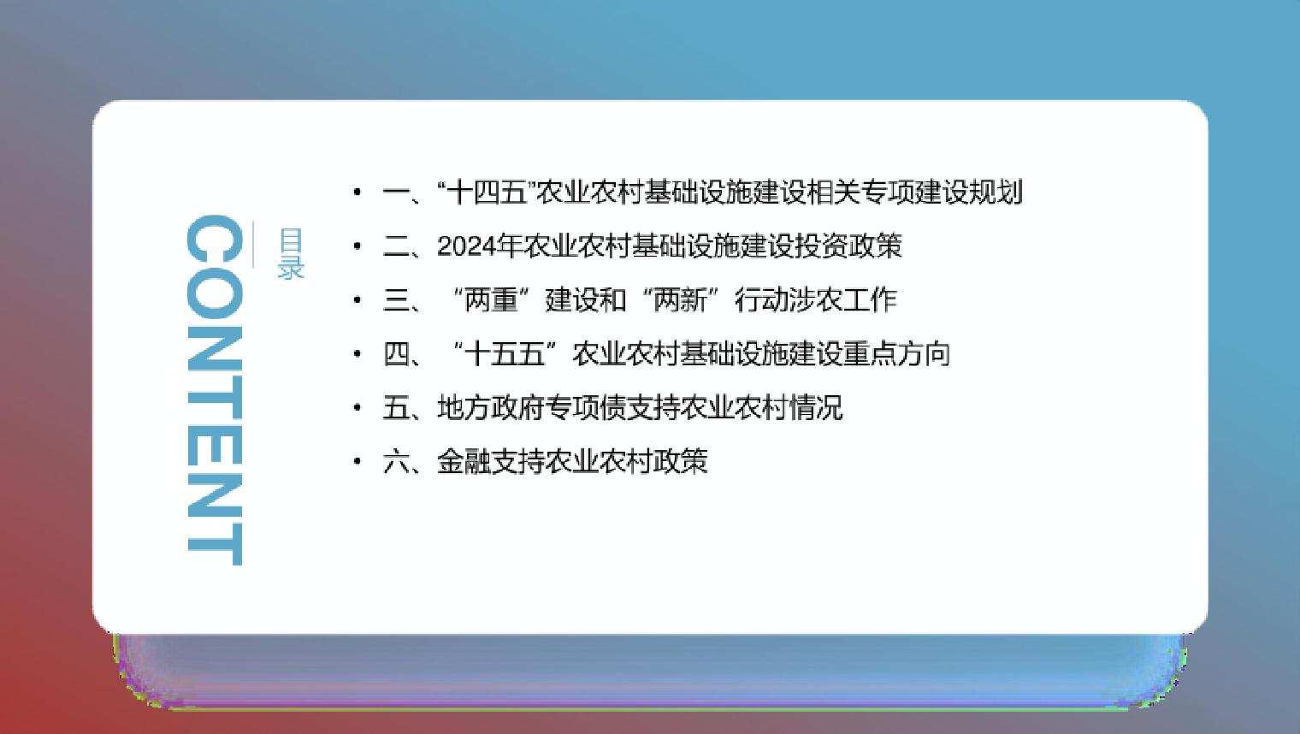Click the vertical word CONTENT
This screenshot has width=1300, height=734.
point(214,389)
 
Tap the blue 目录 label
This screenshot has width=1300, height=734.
point(291,253)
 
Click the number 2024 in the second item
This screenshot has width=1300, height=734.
point(467,246)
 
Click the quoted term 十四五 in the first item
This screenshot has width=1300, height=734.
point(487,192)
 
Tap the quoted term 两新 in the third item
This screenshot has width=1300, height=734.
point(680,300)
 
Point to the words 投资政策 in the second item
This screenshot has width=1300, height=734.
point(848,246)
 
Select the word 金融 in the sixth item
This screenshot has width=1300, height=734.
point(464,462)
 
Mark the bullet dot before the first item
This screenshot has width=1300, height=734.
point(357,192)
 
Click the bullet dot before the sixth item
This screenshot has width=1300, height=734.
point(357,462)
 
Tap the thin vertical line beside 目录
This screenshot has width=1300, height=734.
point(253,245)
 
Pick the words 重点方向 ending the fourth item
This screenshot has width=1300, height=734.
point(896,354)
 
